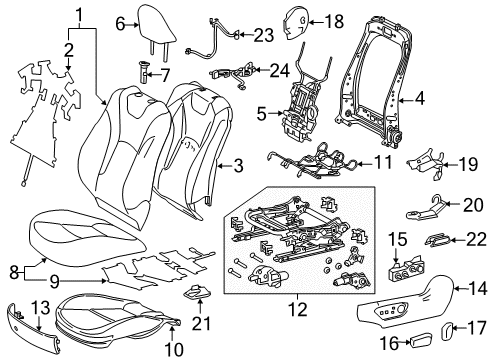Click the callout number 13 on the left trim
(40, 305)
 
